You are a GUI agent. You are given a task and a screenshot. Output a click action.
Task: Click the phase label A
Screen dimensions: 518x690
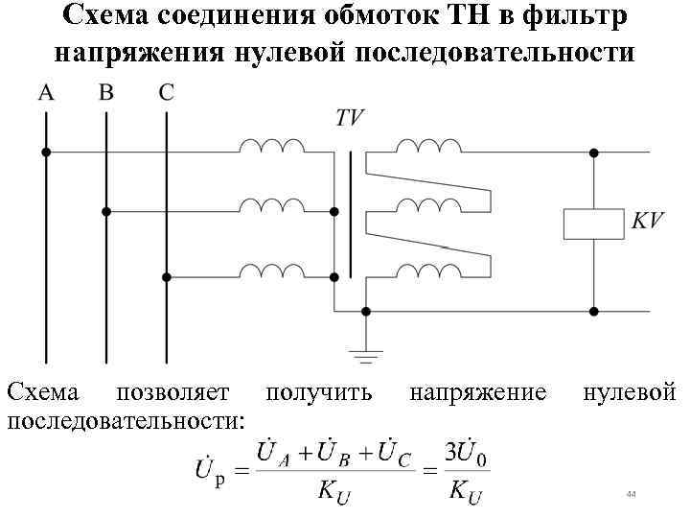tap(45, 93)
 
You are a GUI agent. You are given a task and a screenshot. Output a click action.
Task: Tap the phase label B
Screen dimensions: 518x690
tap(106, 93)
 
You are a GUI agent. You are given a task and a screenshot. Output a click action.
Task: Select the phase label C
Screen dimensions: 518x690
tap(166, 93)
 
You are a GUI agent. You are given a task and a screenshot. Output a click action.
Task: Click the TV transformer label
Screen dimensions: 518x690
tap(349, 118)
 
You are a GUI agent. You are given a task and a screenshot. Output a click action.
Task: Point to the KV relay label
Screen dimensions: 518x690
tap(646, 221)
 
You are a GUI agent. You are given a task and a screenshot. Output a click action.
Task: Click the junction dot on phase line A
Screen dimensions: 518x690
tap(45, 152)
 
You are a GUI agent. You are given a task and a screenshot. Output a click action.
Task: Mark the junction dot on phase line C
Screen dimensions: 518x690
tap(167, 276)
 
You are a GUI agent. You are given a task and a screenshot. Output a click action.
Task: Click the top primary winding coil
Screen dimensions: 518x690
tap(272, 146)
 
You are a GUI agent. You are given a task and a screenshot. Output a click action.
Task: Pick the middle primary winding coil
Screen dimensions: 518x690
tap(272, 205)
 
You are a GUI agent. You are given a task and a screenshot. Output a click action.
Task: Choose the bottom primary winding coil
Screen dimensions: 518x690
tap(272, 271)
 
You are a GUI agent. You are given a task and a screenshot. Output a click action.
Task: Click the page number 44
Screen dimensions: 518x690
tap(630, 493)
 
